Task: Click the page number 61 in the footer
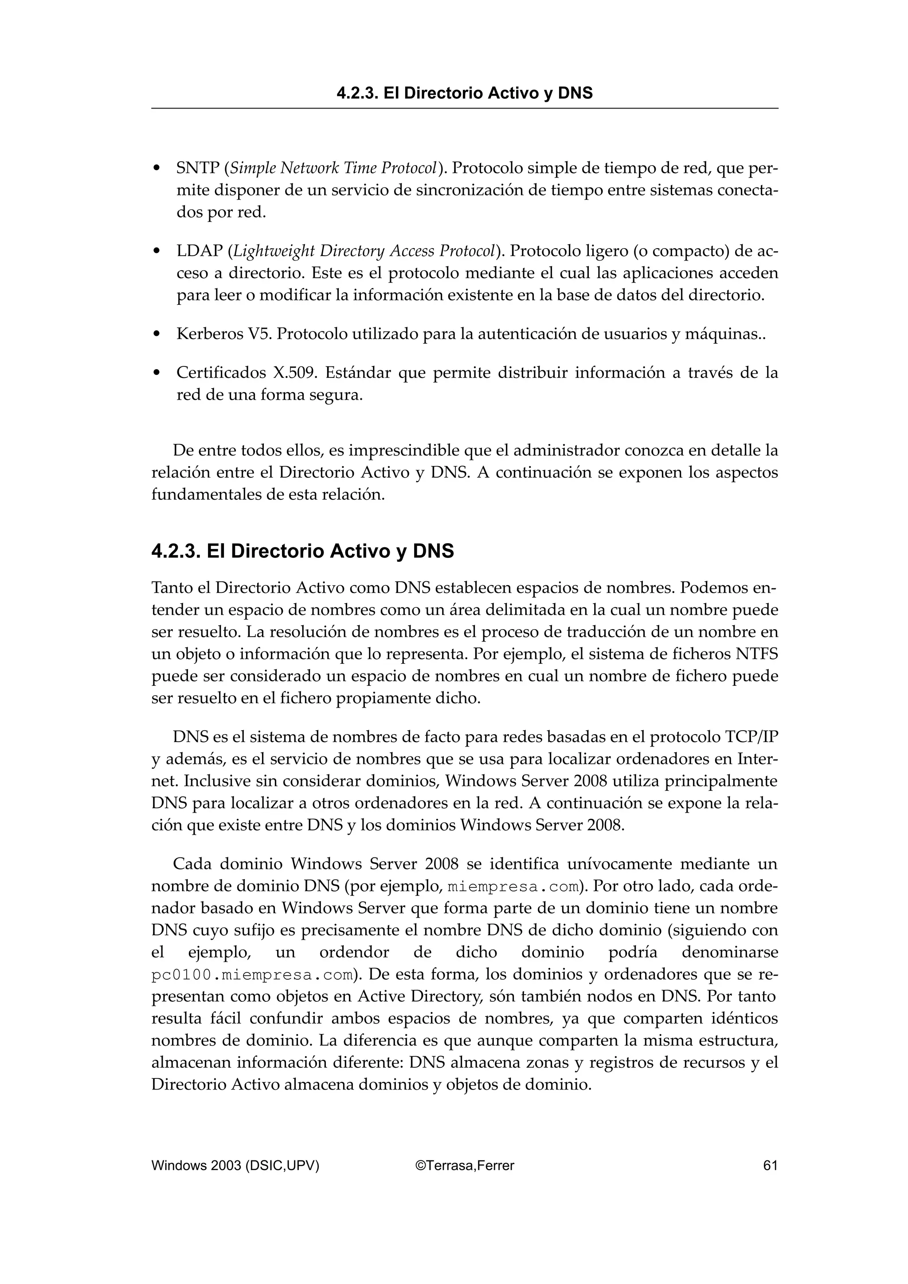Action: point(770,1165)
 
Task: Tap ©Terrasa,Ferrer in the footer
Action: point(464,1165)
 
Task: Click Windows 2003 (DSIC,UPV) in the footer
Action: point(235,1165)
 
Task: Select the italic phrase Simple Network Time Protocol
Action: point(334,168)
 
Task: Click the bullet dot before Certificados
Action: point(157,373)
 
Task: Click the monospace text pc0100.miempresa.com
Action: point(253,975)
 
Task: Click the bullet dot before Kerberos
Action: point(157,335)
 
